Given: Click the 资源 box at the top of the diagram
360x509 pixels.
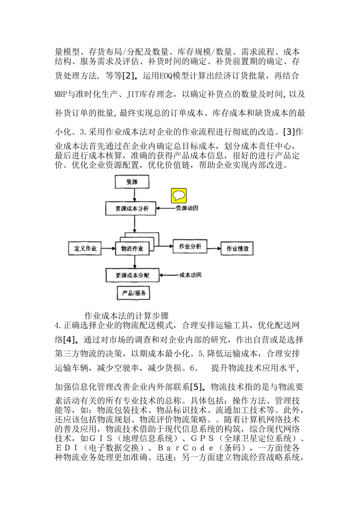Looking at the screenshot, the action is (132, 182).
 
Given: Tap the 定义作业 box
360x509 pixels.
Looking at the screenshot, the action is (85, 249).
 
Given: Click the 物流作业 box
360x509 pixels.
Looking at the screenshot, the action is (132, 249).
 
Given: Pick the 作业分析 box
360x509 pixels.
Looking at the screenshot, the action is (190, 247).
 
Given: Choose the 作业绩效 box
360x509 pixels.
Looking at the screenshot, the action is (237, 249).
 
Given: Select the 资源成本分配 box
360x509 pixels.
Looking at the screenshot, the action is (132, 275).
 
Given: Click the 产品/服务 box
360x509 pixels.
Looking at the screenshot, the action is (134, 293).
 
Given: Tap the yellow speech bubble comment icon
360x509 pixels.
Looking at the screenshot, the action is (178, 195).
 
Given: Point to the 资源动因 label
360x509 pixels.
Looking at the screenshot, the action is (186, 208).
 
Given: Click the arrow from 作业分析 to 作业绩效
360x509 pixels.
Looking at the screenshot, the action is (214, 249).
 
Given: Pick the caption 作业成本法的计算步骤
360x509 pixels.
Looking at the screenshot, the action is (126, 316).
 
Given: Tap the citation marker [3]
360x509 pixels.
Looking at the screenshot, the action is (289, 132).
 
